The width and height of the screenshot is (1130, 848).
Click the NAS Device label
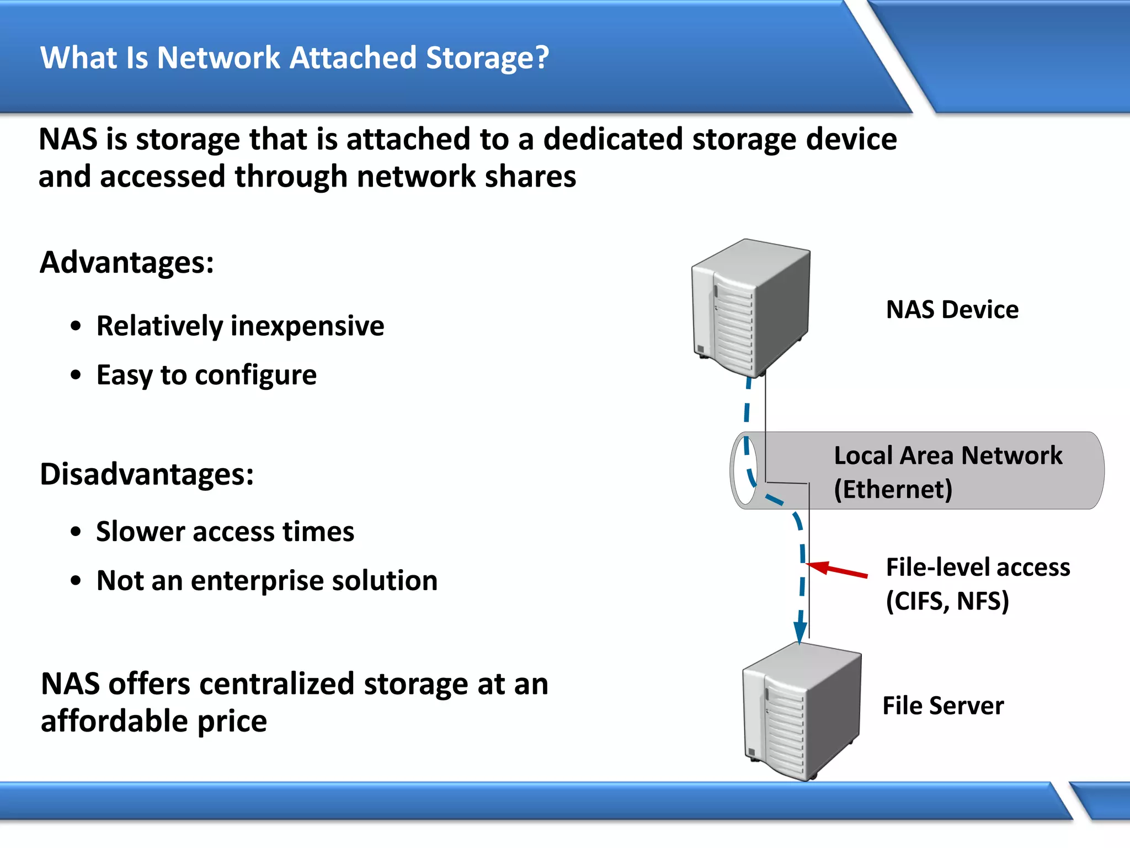[952, 310]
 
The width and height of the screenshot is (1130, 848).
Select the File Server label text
[943, 706]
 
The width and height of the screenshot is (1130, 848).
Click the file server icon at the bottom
[801, 712]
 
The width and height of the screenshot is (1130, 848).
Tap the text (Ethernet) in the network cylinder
[893, 490]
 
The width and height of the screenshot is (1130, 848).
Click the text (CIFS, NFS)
[947, 601]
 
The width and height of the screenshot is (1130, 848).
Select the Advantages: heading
[127, 263]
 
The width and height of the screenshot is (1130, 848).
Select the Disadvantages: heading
[147, 474]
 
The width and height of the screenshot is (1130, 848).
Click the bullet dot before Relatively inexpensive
[76, 326]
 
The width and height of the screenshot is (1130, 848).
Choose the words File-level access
[978, 568]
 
